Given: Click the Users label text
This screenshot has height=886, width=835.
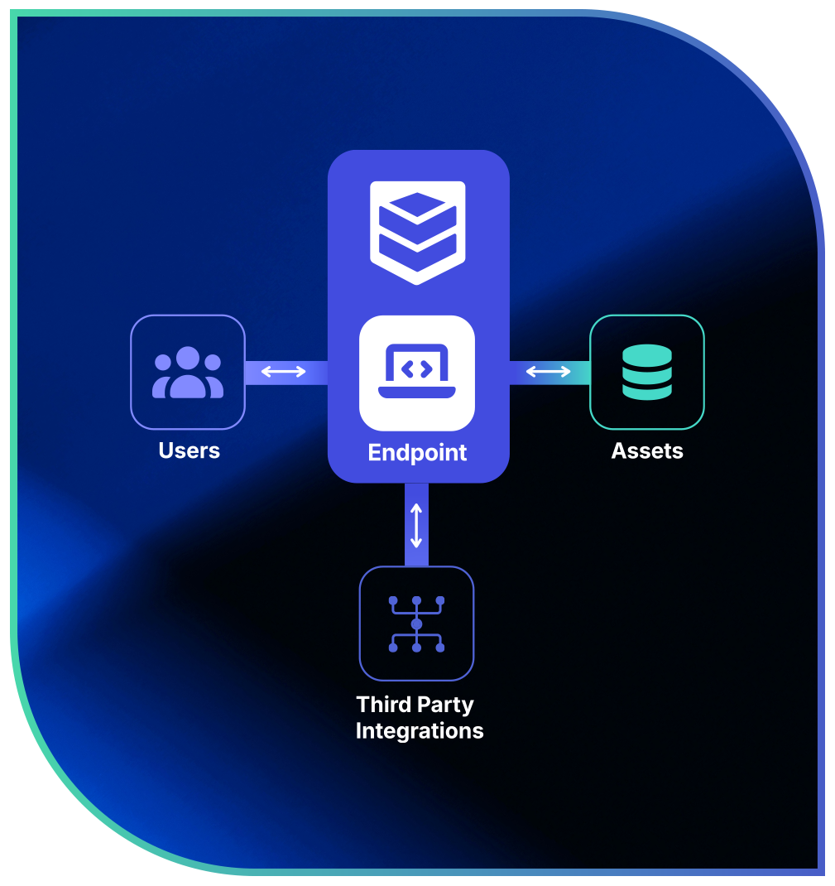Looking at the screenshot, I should [190, 451].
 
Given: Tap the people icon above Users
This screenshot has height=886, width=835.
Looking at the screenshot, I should [188, 373].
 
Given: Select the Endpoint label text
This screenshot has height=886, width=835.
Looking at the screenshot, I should [417, 453].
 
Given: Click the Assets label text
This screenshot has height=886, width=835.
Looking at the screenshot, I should [647, 451].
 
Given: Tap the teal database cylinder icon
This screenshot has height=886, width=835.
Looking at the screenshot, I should [646, 373].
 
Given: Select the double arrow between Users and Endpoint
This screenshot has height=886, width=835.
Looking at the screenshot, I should [283, 373].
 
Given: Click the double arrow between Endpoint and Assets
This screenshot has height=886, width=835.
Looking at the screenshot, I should [549, 373].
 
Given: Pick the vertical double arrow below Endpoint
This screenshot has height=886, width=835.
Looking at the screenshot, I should [416, 524].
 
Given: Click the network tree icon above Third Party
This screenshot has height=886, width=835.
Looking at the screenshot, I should [416, 624].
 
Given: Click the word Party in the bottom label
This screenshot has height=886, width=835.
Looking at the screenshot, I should [448, 705].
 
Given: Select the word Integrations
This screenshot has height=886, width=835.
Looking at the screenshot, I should [420, 731].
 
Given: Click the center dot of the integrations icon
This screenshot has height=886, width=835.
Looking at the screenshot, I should [416, 624].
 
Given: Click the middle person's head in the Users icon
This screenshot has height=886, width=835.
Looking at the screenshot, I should [188, 358].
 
